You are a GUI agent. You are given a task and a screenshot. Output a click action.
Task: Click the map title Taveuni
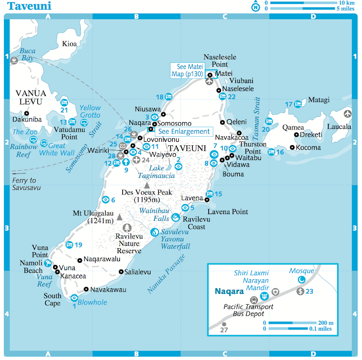click(x=28, y=6)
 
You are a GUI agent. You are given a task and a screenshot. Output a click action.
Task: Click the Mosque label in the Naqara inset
click(x=301, y=271)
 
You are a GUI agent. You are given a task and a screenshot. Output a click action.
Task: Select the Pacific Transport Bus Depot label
click(x=248, y=310)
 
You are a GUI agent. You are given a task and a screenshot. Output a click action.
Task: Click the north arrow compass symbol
click(x=256, y=7)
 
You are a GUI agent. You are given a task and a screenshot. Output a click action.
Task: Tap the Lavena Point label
click(x=228, y=212)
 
